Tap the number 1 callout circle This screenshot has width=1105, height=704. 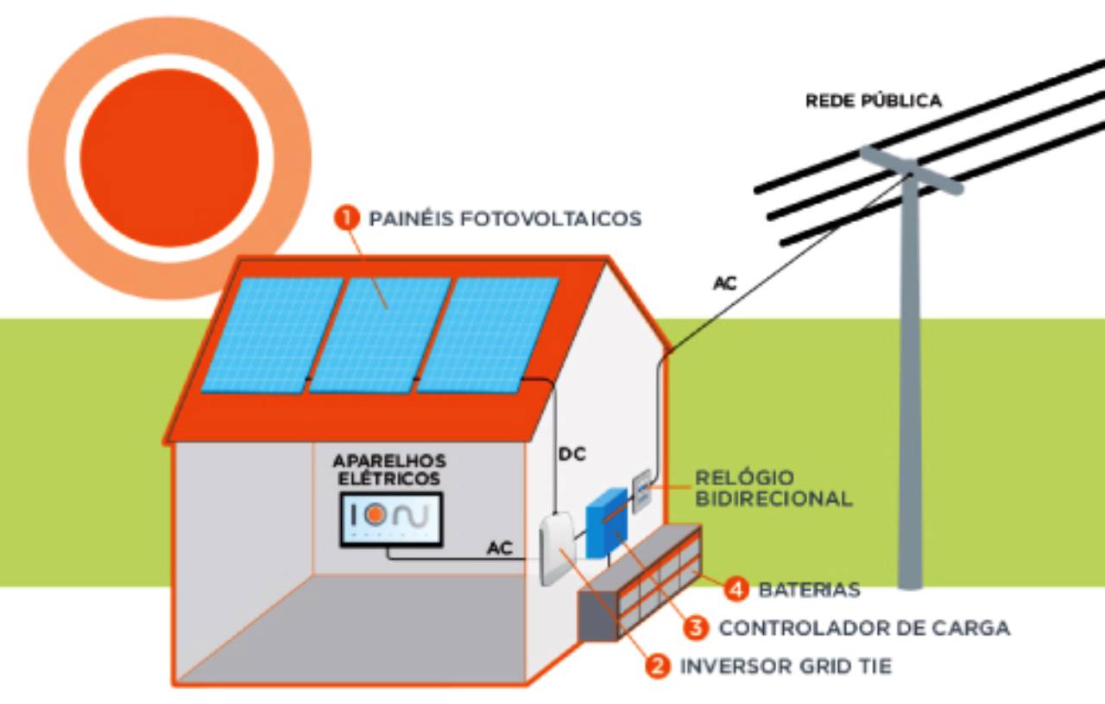tap(346, 218)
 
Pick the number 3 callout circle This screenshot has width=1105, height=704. tap(696, 628)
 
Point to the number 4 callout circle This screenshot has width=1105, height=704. tap(736, 590)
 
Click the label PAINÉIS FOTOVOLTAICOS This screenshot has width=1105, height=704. tap(505, 219)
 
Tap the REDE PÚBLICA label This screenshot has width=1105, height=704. tap(873, 101)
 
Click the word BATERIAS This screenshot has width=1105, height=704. tap(809, 591)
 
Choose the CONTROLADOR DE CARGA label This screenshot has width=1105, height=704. tap(864, 628)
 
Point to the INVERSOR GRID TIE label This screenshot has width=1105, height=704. tap(786, 667)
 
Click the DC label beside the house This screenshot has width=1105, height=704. tap(572, 453)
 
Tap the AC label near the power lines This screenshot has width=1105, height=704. tap(725, 282)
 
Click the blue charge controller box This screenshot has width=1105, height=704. tap(606, 523)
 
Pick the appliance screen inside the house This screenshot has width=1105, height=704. tap(391, 518)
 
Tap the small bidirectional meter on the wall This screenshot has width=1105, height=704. tap(641, 492)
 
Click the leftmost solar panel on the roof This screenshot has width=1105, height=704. tap(271, 333)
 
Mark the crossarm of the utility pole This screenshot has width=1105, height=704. tap(911, 169)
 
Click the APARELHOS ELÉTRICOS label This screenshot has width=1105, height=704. tap(389, 468)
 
